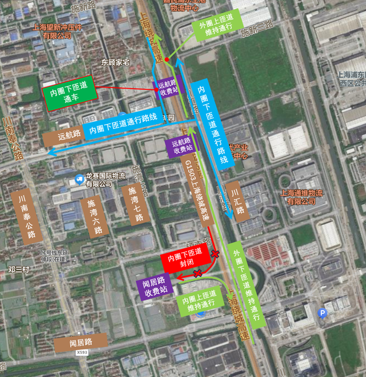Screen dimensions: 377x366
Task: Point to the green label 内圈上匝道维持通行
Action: (199, 301)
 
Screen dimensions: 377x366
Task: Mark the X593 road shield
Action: (82, 353)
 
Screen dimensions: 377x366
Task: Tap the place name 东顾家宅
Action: (116, 62)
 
